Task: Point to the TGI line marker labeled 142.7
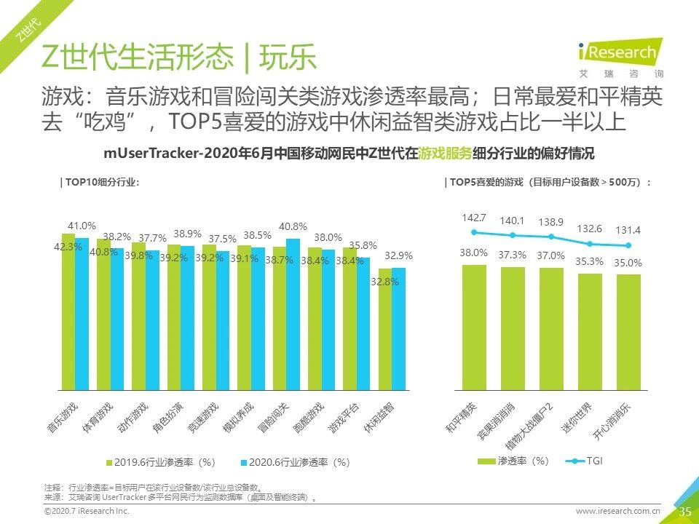tap(474, 232)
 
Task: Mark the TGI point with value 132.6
tap(590, 244)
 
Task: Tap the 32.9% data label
tap(399, 255)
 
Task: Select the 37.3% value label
tap(513, 255)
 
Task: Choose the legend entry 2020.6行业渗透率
tap(295, 462)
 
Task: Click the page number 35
tap(684, 512)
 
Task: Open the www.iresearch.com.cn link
tap(618, 512)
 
